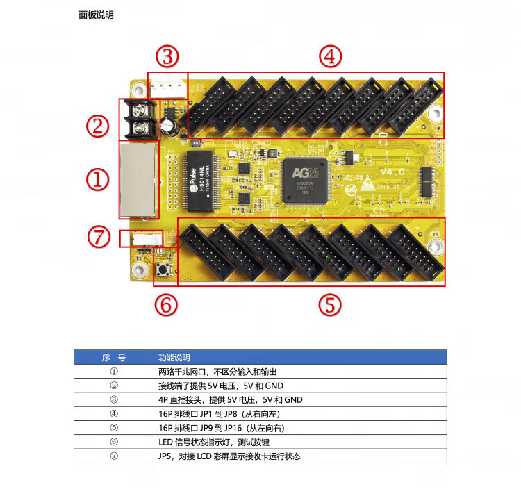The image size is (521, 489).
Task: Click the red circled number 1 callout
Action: point(98,180)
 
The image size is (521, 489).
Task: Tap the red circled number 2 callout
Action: point(98,126)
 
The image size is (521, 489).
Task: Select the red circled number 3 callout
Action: point(167,55)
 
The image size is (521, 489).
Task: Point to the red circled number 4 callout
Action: point(331,56)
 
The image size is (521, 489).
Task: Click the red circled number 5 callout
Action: point(331,304)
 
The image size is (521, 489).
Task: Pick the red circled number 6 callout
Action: point(165,304)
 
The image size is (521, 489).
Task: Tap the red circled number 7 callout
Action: point(99,236)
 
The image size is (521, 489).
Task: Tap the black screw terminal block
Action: point(141,119)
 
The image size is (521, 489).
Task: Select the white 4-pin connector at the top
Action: point(167,86)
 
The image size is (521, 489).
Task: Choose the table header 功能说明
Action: point(174,358)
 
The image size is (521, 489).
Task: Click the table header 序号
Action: point(114,358)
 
